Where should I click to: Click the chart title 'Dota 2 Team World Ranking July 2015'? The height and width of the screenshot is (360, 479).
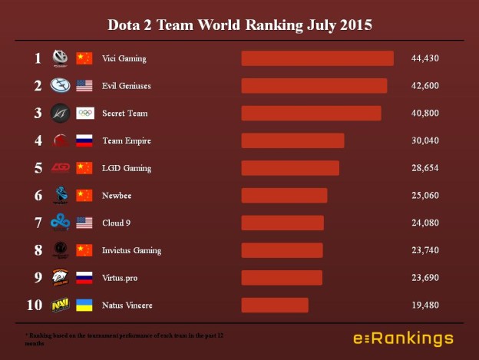tap(240, 25)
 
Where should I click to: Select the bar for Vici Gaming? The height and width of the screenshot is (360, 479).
tap(317, 58)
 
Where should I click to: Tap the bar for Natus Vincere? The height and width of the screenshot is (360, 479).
tap(275, 306)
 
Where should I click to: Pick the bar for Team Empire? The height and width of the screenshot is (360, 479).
tap(292, 140)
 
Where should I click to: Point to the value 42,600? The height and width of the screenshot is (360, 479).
tap(424, 86)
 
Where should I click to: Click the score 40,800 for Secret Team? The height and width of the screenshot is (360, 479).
tap(424, 114)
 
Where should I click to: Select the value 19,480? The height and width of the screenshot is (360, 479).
tap(424, 306)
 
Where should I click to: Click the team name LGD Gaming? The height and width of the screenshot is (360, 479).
tap(127, 168)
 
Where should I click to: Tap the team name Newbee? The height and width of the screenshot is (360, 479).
tap(117, 196)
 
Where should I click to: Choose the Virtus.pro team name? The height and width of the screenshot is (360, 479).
tap(120, 278)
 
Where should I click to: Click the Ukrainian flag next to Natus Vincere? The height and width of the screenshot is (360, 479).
tap(84, 306)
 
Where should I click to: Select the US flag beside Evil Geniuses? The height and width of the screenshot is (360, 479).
tap(84, 86)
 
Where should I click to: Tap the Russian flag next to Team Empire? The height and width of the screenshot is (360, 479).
tap(84, 140)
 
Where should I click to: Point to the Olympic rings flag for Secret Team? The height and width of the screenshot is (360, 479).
tap(84, 114)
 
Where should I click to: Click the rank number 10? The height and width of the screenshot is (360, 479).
tap(35, 306)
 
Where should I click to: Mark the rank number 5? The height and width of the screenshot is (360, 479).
tap(37, 168)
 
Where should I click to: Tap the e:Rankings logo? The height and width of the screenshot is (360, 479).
tap(402, 339)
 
